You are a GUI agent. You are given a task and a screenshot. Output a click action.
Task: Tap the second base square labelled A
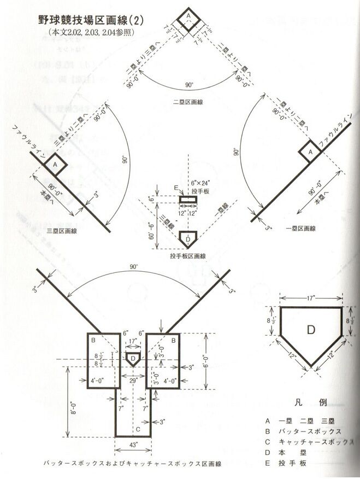(x=188, y=17)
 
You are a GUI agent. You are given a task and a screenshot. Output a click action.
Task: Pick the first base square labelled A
(x=311, y=149)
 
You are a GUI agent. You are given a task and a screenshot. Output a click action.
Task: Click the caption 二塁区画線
(x=189, y=102)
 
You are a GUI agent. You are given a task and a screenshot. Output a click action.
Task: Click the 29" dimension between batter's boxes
(x=133, y=378)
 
